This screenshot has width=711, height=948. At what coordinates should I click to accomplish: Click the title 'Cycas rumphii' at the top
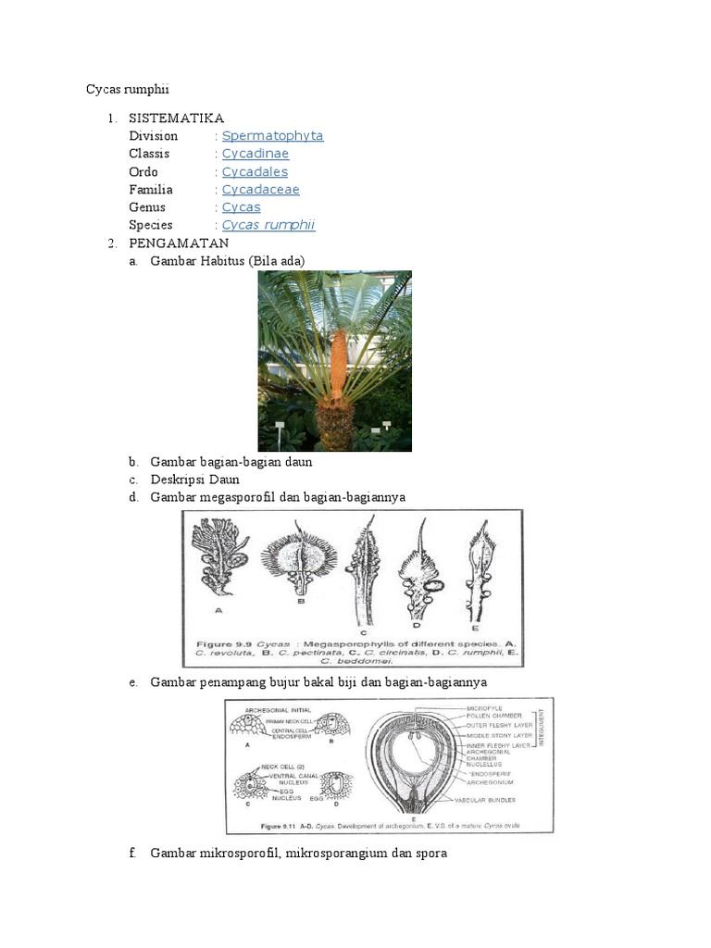click(x=128, y=89)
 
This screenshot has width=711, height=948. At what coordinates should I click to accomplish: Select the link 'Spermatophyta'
click(x=272, y=136)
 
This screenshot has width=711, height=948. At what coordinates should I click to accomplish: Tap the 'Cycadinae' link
click(x=255, y=154)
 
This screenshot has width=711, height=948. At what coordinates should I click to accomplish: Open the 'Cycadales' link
click(x=255, y=171)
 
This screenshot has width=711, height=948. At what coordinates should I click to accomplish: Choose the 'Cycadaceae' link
click(x=260, y=190)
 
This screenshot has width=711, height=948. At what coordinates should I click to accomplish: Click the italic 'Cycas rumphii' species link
click(x=268, y=225)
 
